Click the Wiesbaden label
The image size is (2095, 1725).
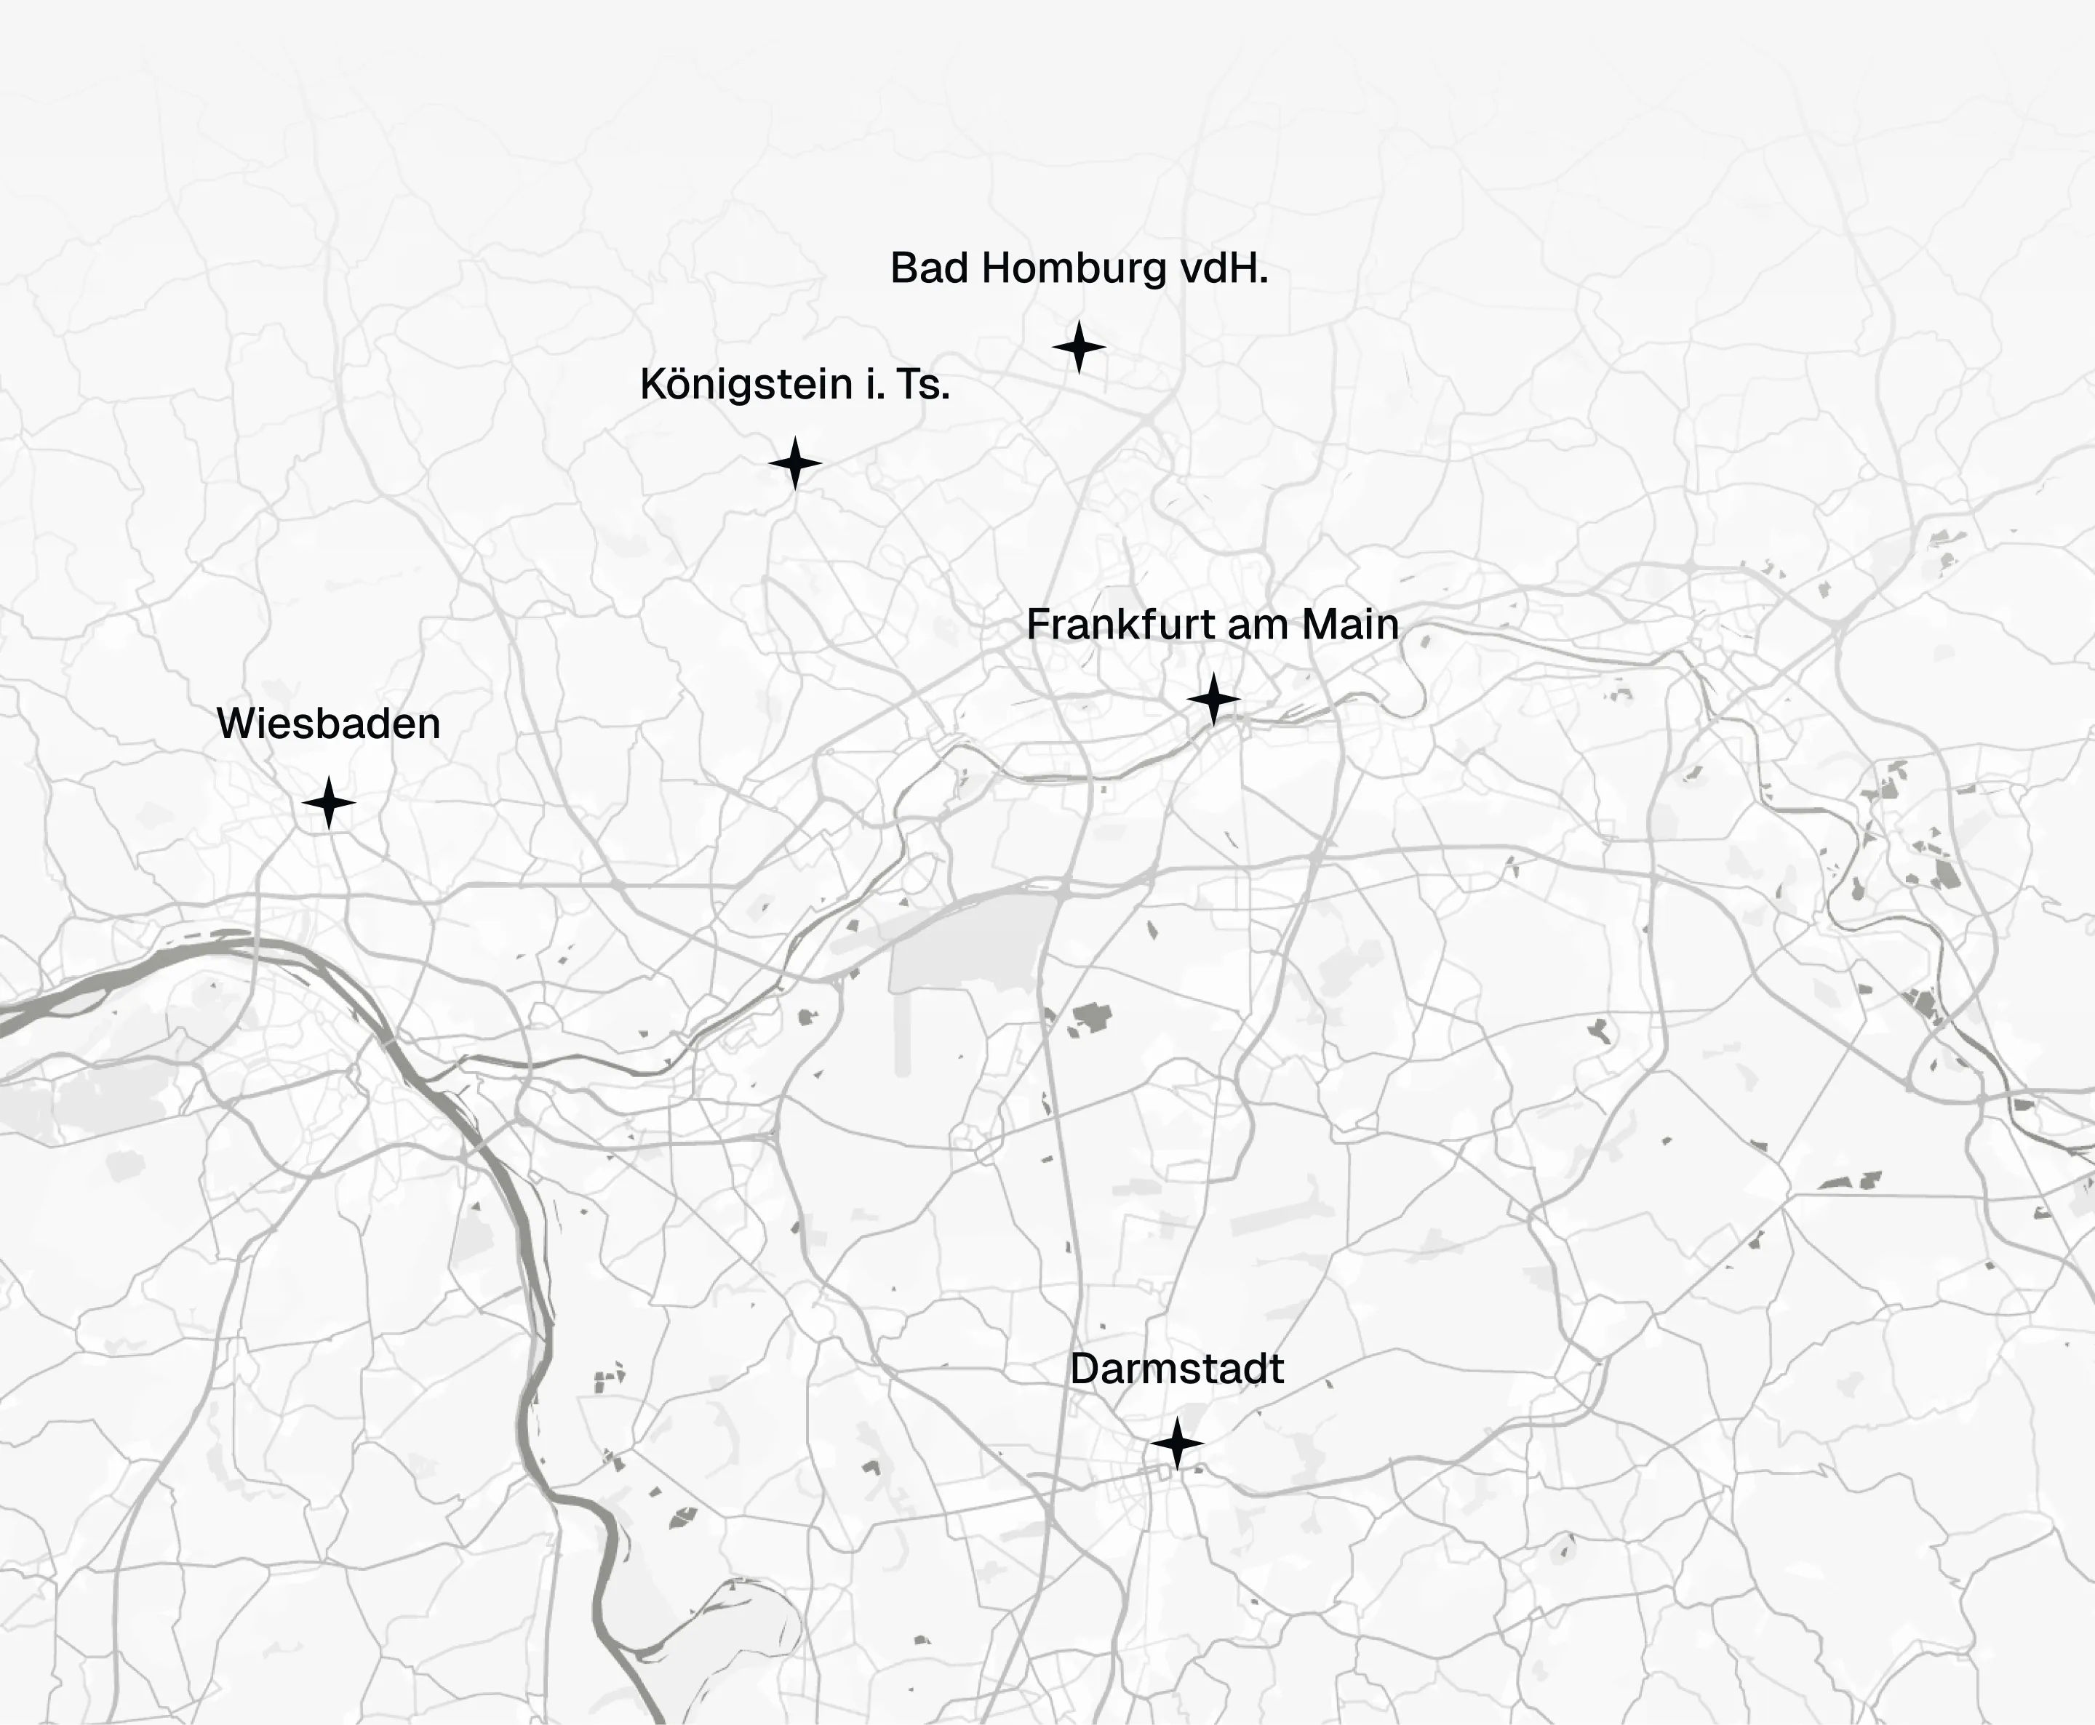328,724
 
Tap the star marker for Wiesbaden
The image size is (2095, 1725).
329,803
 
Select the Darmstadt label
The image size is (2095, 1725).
1177,1369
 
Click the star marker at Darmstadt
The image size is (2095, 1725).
1178,1444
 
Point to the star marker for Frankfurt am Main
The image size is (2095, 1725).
1213,699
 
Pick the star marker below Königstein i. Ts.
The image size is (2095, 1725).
795,463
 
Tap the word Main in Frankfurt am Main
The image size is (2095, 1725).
1351,625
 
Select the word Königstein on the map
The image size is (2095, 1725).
746,385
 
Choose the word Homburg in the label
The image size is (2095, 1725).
1074,269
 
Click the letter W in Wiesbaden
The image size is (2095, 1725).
236,724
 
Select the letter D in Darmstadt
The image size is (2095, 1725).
1083,1369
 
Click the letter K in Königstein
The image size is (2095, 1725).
652,385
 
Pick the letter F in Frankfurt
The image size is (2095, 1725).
1037,625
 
